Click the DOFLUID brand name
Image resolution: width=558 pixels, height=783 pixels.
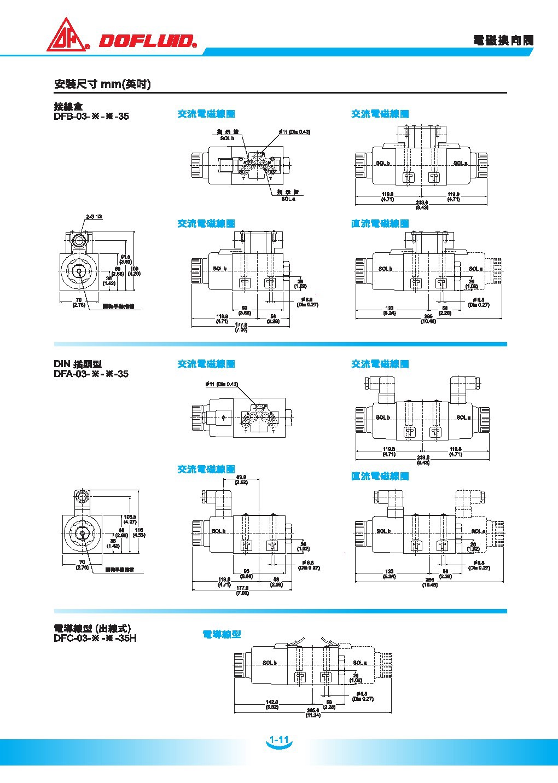tap(147, 41)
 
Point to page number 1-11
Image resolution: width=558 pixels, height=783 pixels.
tap(279, 740)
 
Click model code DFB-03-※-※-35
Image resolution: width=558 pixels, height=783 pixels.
tap(91, 116)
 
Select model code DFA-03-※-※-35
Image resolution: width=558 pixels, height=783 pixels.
tap(91, 374)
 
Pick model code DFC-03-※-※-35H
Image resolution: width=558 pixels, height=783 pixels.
tap(95, 638)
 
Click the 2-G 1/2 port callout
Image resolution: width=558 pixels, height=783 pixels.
tap(94, 217)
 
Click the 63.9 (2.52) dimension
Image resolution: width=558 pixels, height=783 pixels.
tap(241, 480)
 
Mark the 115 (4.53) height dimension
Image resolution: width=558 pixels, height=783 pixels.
tap(139, 532)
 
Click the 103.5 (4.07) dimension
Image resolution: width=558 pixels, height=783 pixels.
tap(130, 519)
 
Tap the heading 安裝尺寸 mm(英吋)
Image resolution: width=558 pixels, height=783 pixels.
tap(102, 84)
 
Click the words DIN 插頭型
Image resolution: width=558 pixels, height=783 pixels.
tap(78, 364)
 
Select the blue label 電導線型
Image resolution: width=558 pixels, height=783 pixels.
tap(222, 634)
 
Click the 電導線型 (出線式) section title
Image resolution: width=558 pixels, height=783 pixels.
tap(92, 628)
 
